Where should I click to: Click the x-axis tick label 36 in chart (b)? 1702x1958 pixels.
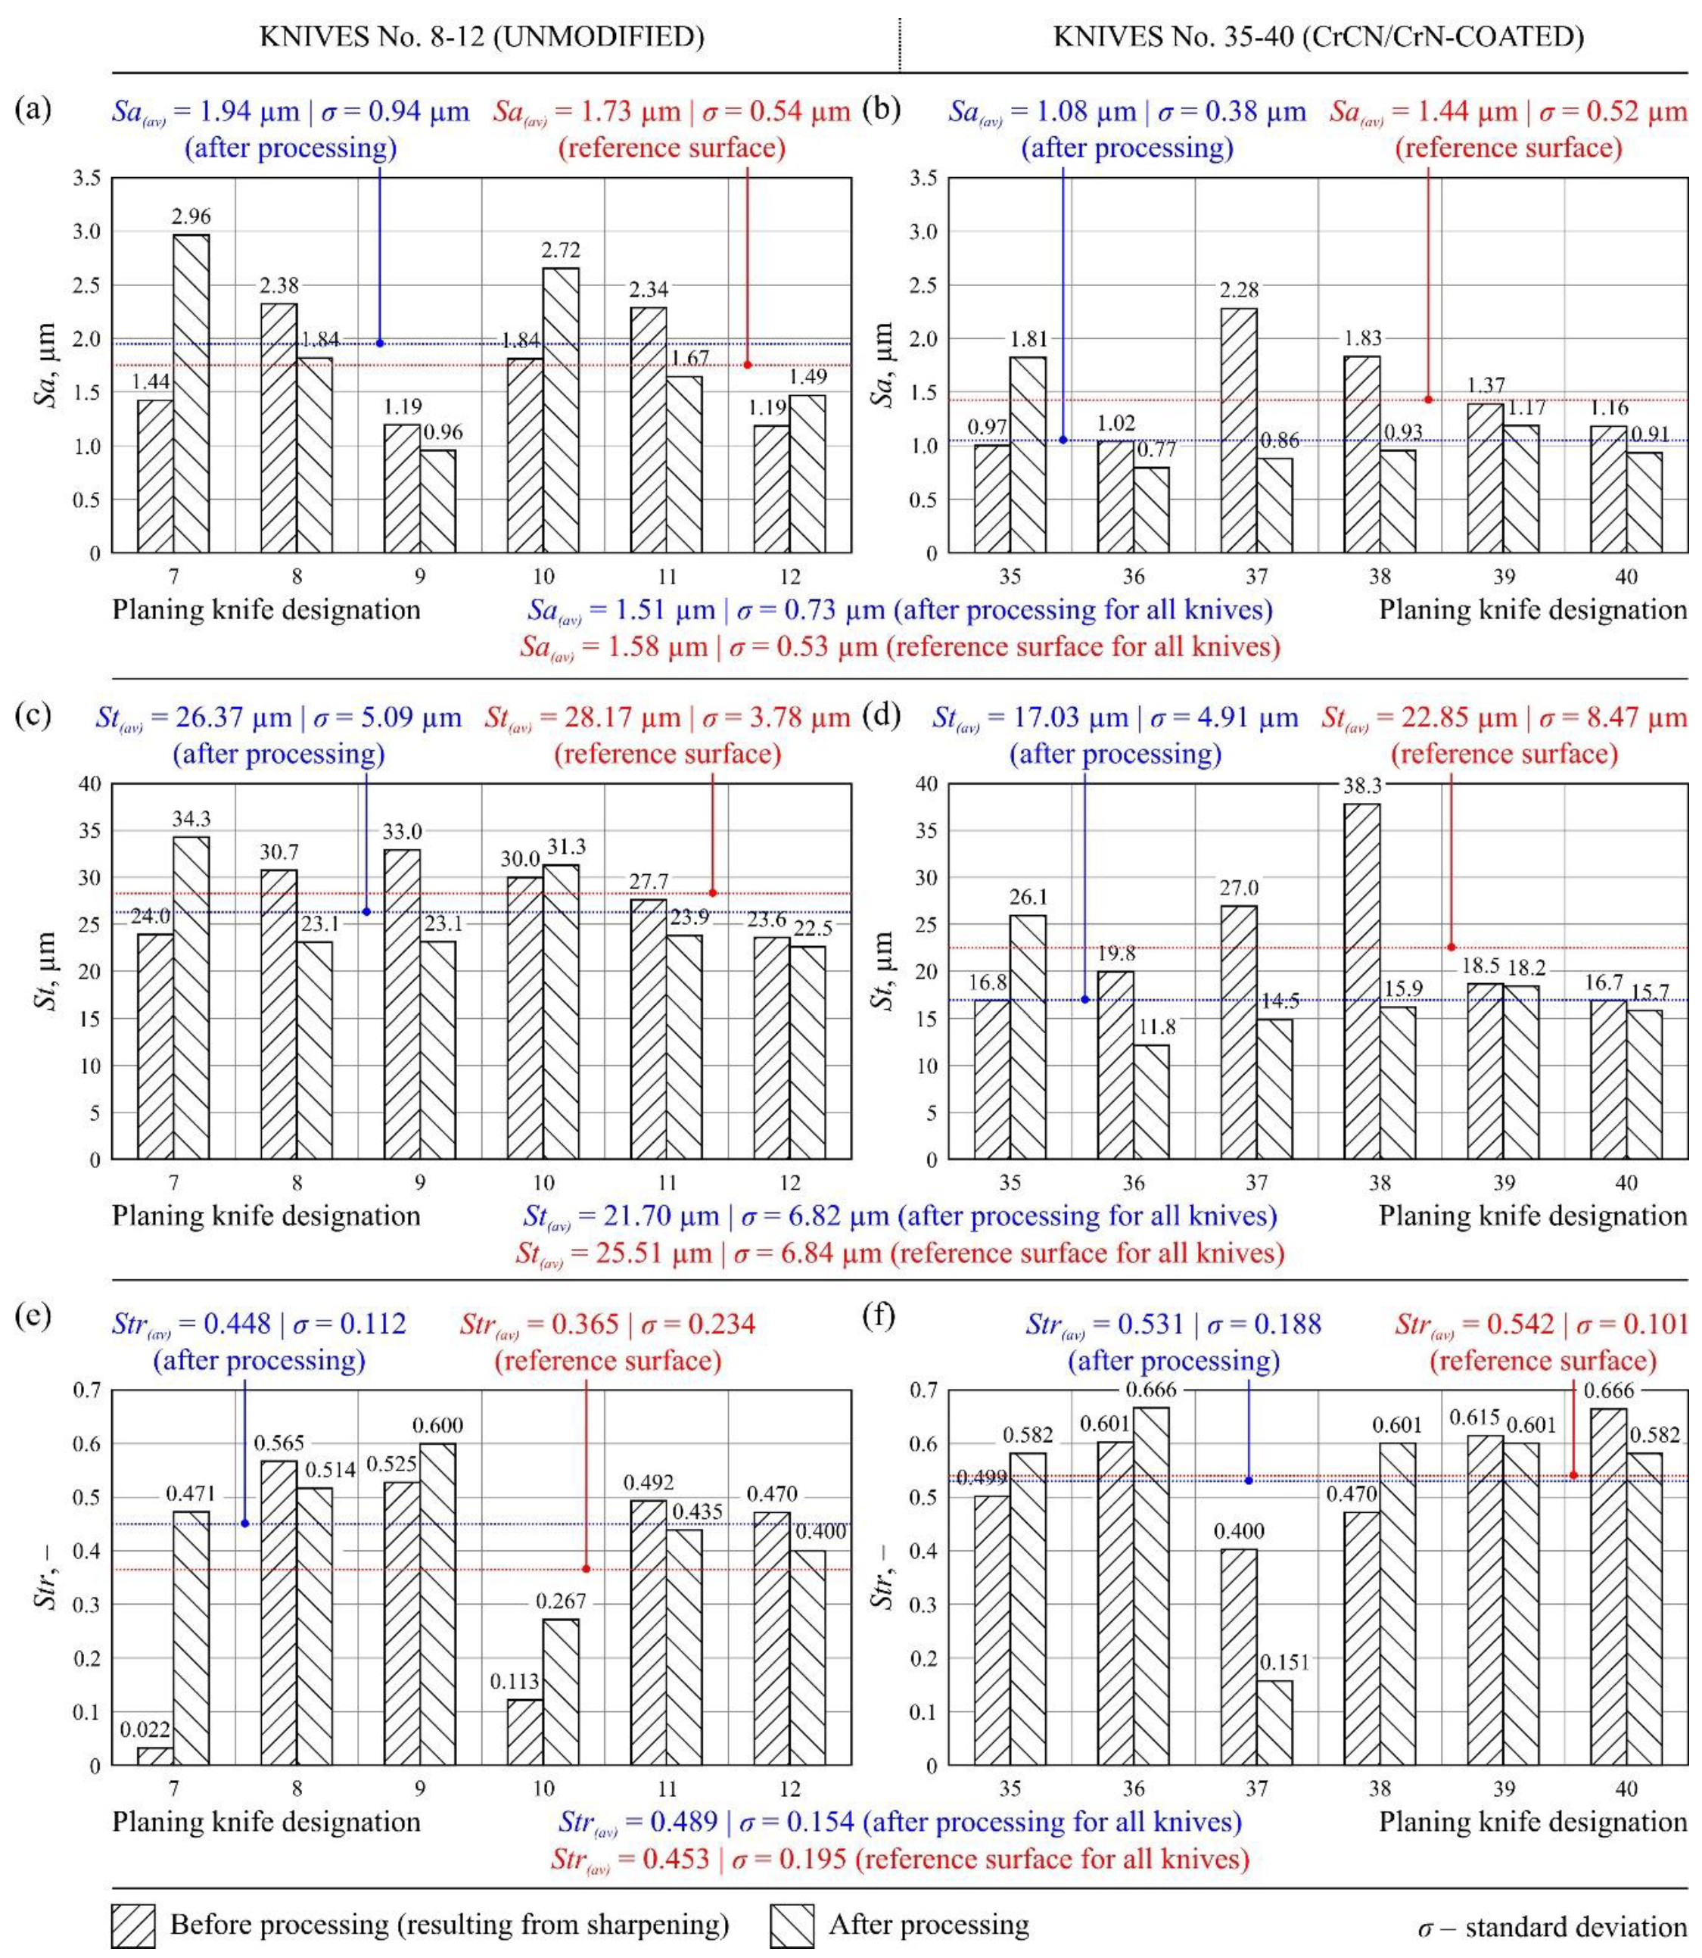pos(1133,577)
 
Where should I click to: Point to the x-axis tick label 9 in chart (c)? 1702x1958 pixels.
pos(420,1183)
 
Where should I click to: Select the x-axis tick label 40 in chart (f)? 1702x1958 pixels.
pos(1626,1789)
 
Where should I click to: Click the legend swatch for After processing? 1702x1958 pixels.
pos(791,1925)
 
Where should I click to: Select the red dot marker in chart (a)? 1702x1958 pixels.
pos(748,365)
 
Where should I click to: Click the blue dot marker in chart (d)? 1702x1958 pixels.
pos(1084,999)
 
